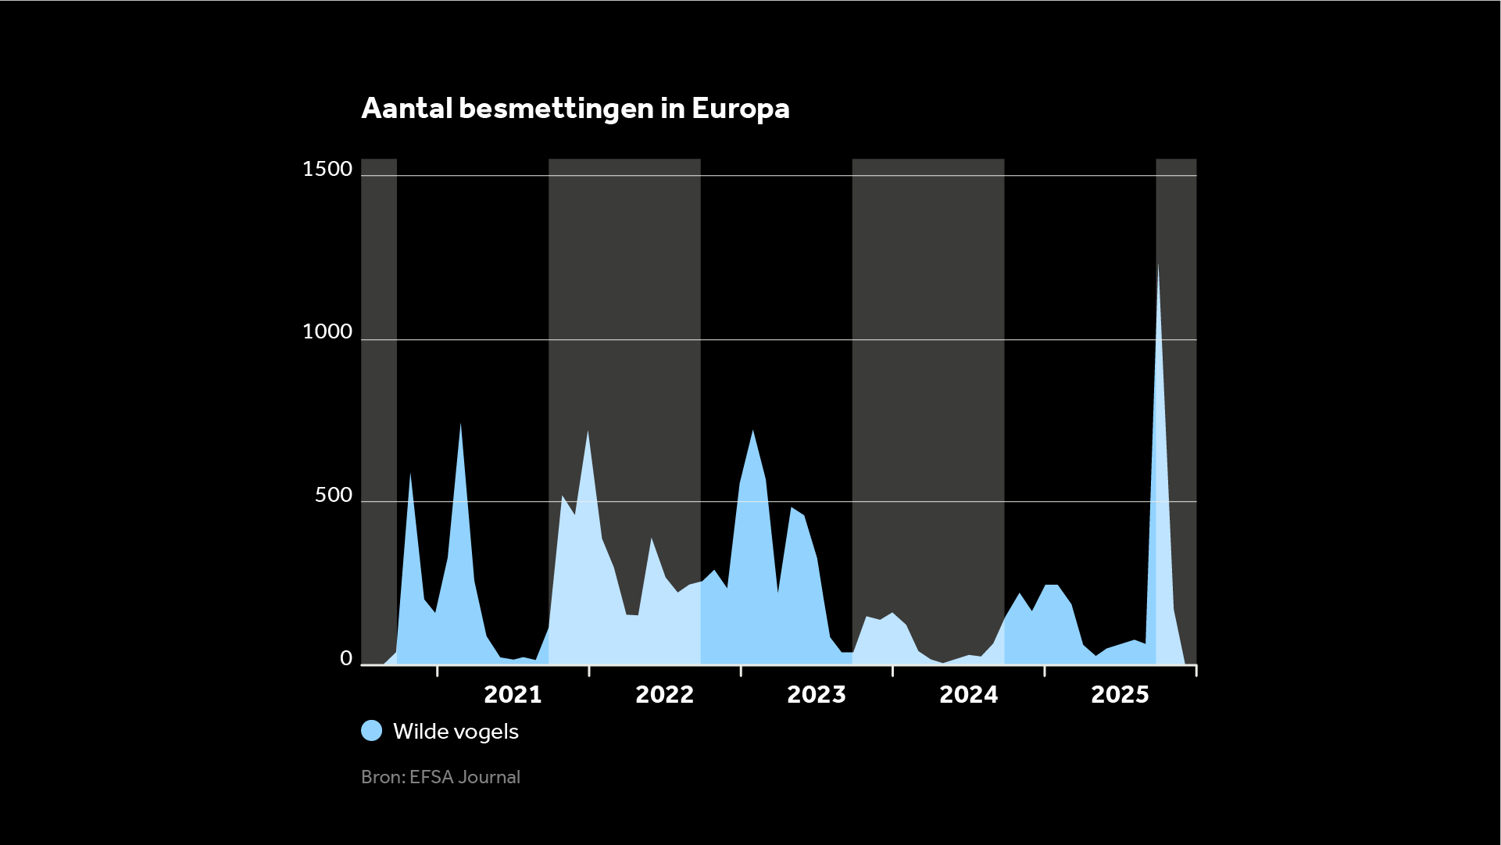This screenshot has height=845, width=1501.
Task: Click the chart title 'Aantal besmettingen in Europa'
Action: (575, 109)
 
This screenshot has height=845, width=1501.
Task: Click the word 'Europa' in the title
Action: (740, 109)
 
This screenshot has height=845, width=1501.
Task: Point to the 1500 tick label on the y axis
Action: (327, 169)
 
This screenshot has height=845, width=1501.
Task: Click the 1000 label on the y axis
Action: (327, 332)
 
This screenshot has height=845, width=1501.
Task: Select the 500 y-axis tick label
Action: (334, 496)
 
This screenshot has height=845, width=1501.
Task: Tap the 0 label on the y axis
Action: (346, 659)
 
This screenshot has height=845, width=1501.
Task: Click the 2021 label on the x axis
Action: (513, 695)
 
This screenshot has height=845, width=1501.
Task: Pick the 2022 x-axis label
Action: (664, 695)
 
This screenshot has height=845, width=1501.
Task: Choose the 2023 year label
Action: (817, 695)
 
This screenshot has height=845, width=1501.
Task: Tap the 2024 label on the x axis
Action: (968, 695)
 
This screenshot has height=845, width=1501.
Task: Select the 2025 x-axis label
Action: (1120, 695)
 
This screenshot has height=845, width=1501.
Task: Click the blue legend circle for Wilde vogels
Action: (372, 731)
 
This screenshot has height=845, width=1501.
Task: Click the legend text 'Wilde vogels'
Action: (456, 732)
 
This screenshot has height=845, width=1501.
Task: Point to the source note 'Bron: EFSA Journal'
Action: (441, 777)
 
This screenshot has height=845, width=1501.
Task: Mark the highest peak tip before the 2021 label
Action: (460, 424)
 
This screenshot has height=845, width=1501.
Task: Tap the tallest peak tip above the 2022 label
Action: (588, 431)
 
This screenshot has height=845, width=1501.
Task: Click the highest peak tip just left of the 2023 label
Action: (752, 431)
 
